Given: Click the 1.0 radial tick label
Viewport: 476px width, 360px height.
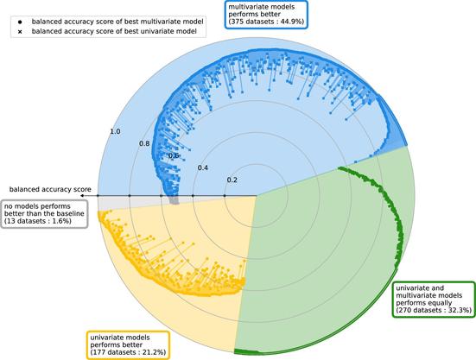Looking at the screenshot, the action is pos(115,131).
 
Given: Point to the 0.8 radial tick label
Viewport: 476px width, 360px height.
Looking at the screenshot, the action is pos(144,143).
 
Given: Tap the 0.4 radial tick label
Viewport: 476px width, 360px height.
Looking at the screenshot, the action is pos(203,168).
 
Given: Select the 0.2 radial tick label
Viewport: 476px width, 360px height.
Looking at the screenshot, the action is pos(232,180).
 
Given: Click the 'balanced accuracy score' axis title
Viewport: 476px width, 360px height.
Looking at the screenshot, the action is pos(50,190).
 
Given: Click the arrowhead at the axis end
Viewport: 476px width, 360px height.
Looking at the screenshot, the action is pos(83,196).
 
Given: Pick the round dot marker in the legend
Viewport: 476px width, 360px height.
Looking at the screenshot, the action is pos(20,22).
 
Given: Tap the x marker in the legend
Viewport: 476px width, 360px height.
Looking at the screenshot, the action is pos(20,32).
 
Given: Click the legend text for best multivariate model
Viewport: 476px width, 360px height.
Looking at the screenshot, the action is pos(117,22).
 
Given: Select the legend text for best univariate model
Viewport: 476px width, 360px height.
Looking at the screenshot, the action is pos(114,31).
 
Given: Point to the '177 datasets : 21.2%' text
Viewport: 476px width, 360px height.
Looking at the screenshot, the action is pos(129,352).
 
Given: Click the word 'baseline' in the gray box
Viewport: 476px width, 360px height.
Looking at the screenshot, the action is pos(71,213).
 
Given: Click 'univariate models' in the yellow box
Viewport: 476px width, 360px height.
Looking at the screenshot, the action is pos(120,338).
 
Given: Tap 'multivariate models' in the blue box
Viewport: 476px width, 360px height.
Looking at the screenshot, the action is pos(262,7).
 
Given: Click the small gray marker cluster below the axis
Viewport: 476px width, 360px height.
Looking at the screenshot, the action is pos(175,200).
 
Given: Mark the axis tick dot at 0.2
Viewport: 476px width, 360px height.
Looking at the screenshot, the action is pos(225,196).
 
